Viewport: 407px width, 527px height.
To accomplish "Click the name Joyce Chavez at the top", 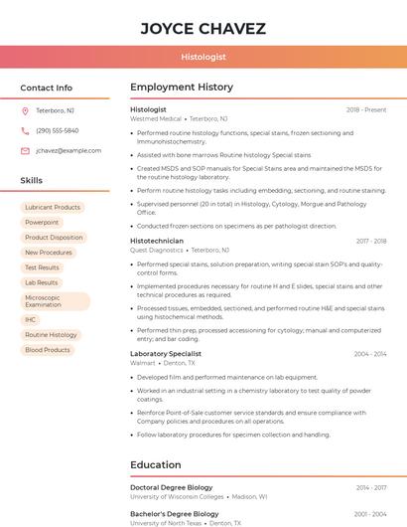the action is (203, 28).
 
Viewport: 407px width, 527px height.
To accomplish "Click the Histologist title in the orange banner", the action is (203, 58).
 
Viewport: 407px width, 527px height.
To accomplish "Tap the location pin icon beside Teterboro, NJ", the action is (25, 110).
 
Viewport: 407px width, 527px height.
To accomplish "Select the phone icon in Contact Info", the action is (25, 130).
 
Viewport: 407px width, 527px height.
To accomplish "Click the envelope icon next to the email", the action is (25, 150).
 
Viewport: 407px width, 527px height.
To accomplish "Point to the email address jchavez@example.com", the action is (68, 150).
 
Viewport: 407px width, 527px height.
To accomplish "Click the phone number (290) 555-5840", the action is (58, 130).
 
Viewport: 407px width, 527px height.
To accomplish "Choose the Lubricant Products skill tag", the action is (53, 208).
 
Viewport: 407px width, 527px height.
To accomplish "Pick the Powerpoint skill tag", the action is (42, 223).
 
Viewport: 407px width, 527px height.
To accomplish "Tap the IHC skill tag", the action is (31, 320).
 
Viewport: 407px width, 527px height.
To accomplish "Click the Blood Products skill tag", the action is (48, 350).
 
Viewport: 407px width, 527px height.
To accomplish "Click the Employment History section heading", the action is (182, 88).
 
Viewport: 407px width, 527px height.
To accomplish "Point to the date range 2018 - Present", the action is (366, 110).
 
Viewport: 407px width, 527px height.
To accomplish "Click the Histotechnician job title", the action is (157, 241).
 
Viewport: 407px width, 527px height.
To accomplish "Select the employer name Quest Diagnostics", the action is (157, 251).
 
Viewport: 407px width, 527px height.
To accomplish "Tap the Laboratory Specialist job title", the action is (166, 354).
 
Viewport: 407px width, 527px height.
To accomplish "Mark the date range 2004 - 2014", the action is (369, 354).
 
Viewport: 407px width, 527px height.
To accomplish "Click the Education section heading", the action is (156, 464).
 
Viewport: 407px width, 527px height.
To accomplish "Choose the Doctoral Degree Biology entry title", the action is (172, 488).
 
